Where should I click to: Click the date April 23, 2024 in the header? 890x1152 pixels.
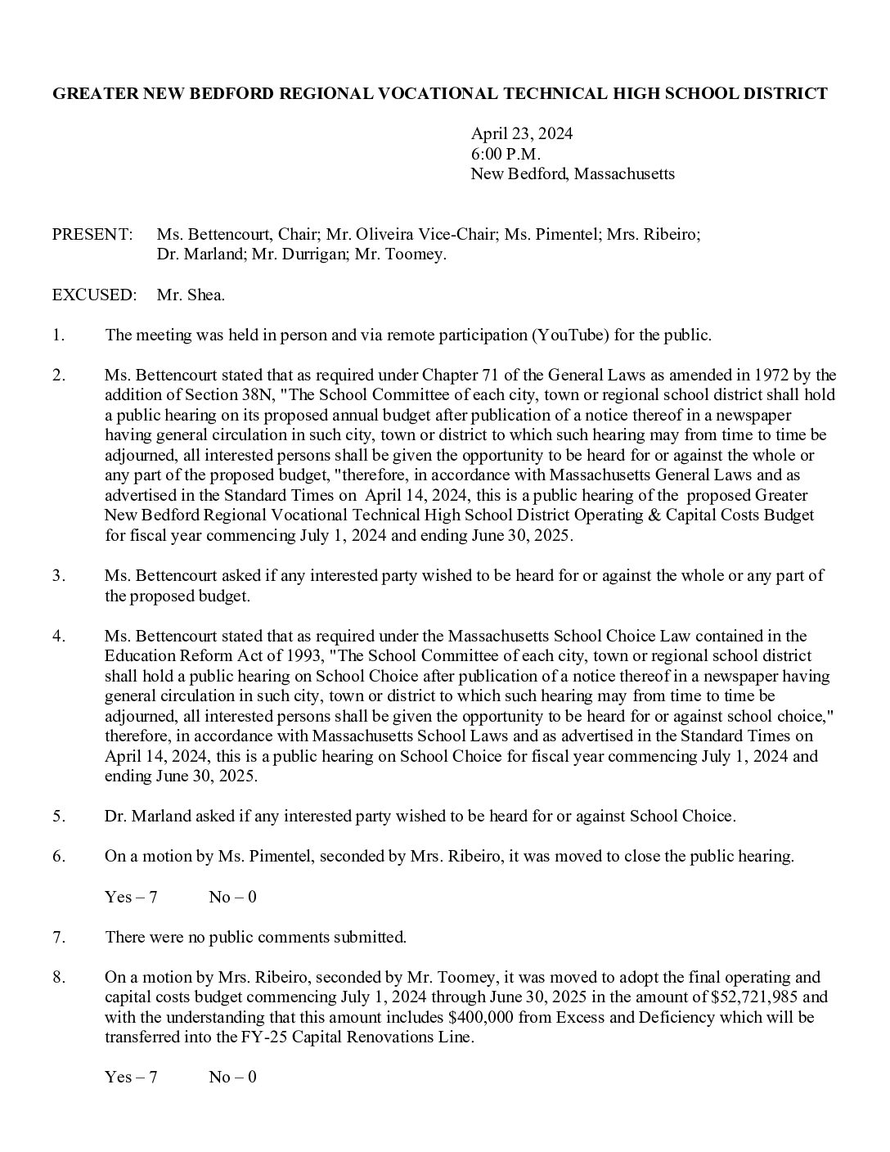click(521, 134)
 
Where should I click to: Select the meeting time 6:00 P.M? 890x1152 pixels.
click(506, 154)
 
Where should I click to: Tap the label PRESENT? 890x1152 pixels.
click(92, 235)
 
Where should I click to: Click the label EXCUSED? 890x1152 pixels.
click(94, 295)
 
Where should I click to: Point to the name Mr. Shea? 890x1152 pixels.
click(191, 295)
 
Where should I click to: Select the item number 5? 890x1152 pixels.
click(58, 817)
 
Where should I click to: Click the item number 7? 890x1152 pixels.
click(58, 938)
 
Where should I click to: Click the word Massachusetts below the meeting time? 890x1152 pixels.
click(624, 173)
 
